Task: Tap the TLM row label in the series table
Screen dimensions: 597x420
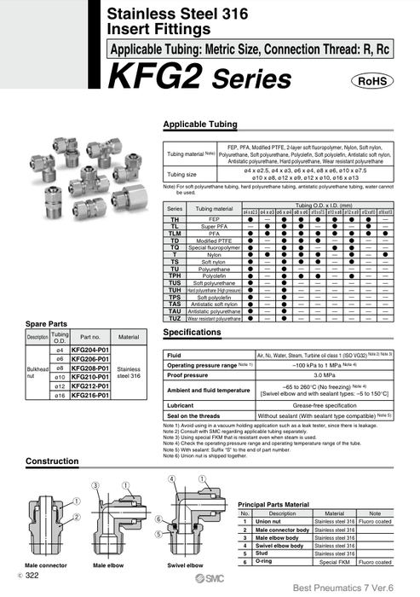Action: tap(175, 233)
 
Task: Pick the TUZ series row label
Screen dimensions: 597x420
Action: tap(175, 317)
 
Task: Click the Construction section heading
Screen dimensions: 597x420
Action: tap(53, 461)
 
